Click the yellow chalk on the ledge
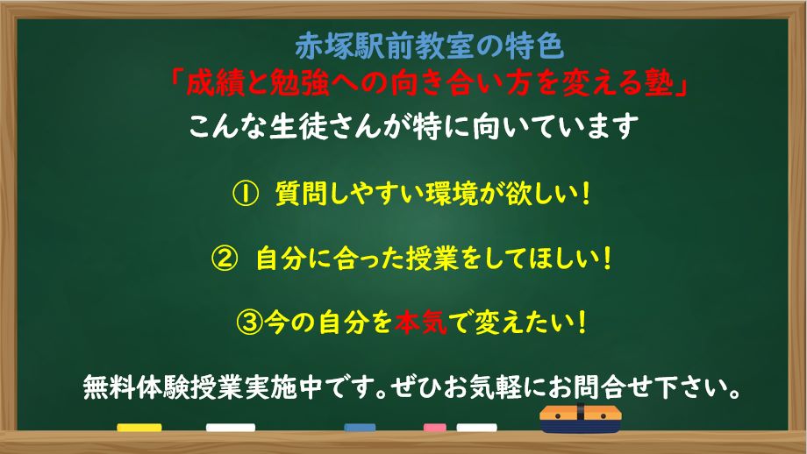click(x=139, y=428)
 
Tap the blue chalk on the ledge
click(x=360, y=429)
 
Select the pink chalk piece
click(x=435, y=428)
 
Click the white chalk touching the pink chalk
click(x=475, y=428)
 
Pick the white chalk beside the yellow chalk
click(x=230, y=428)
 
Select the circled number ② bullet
click(x=225, y=259)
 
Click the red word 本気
click(x=420, y=323)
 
